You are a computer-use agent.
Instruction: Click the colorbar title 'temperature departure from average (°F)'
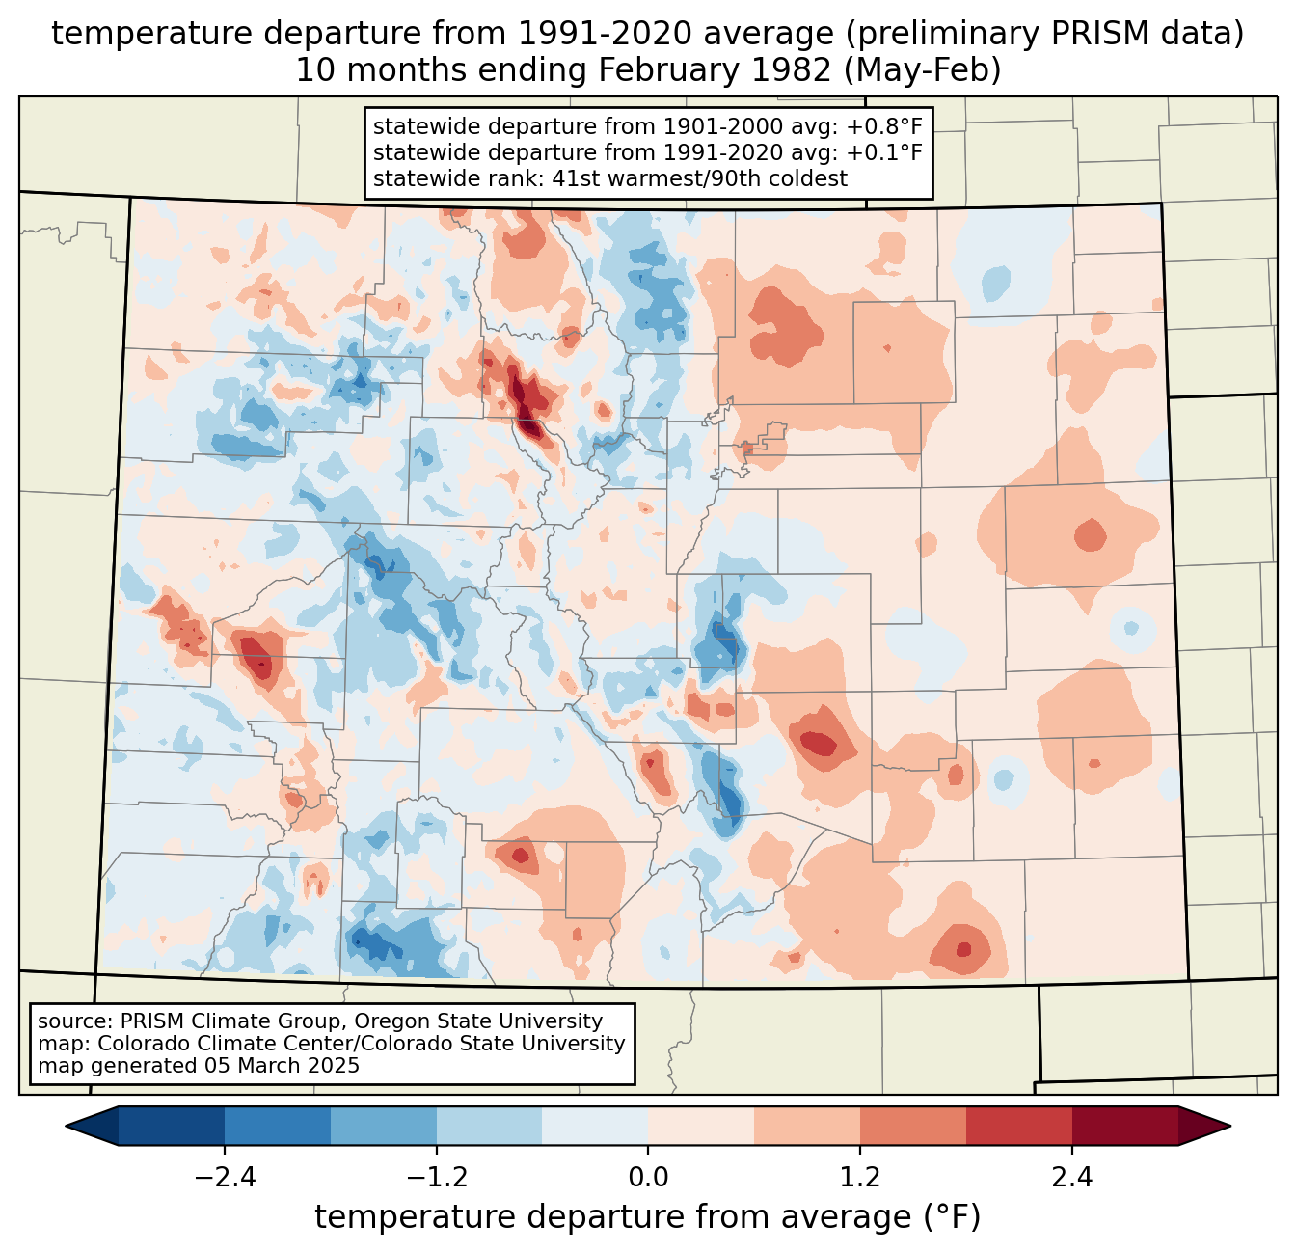[x=648, y=1217]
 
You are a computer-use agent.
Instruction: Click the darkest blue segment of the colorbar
[x=172, y=1126]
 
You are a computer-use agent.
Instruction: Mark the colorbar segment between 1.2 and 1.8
[x=913, y=1126]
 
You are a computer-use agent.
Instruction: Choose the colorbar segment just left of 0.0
[x=595, y=1126]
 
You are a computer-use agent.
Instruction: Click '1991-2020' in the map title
[x=593, y=34]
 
